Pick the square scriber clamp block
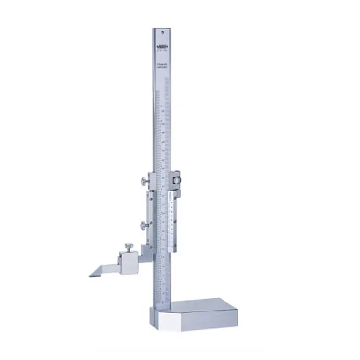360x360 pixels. pyautogui.click(x=127, y=263)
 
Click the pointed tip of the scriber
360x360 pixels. pyautogui.click(x=90, y=276)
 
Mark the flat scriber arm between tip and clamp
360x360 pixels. pyautogui.click(x=106, y=269)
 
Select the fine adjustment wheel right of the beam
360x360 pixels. pyautogui.click(x=175, y=180)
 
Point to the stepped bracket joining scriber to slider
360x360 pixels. pyautogui.click(x=146, y=252)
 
